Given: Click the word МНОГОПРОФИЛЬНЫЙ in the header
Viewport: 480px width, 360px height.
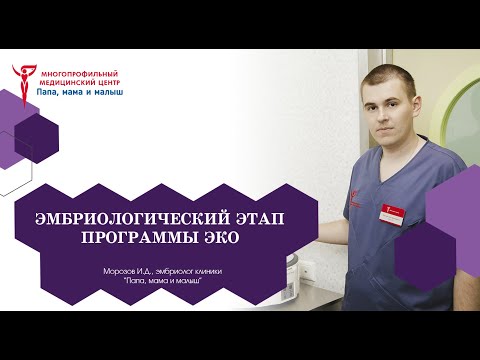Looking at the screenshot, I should (x=76, y=73).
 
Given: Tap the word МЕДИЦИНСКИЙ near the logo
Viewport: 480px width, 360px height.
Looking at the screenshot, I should (x=66, y=82).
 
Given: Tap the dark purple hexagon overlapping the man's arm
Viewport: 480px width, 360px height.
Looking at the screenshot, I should (x=428, y=249).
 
